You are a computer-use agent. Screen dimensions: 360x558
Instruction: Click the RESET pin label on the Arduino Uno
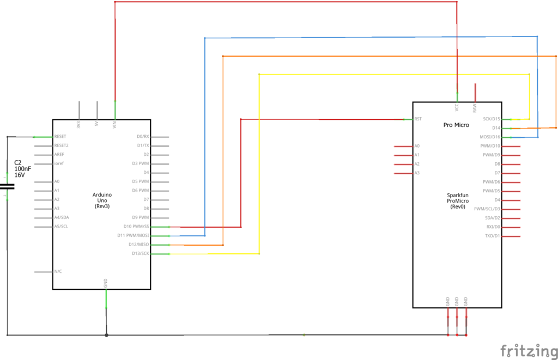point(61,137)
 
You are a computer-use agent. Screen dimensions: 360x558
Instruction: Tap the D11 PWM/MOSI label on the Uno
point(134,235)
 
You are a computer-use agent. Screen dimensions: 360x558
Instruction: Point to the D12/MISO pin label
point(138,245)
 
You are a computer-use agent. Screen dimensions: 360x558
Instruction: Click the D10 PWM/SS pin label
point(136,227)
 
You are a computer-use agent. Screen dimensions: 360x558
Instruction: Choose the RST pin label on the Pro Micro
point(418,119)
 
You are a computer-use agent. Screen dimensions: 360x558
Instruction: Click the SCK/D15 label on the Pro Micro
point(492,119)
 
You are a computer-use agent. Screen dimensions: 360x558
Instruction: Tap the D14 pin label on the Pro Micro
point(496,128)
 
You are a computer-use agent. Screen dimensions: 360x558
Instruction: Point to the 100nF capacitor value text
point(23,169)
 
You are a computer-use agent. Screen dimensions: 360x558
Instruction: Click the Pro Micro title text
point(456,125)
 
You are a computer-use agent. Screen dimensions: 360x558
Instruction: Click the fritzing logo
point(525,350)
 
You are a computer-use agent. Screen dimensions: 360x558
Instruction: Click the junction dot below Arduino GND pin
point(106,335)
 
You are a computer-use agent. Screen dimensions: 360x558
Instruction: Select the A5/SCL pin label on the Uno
point(61,227)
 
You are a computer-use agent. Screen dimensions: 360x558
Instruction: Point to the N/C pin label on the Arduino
point(58,271)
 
